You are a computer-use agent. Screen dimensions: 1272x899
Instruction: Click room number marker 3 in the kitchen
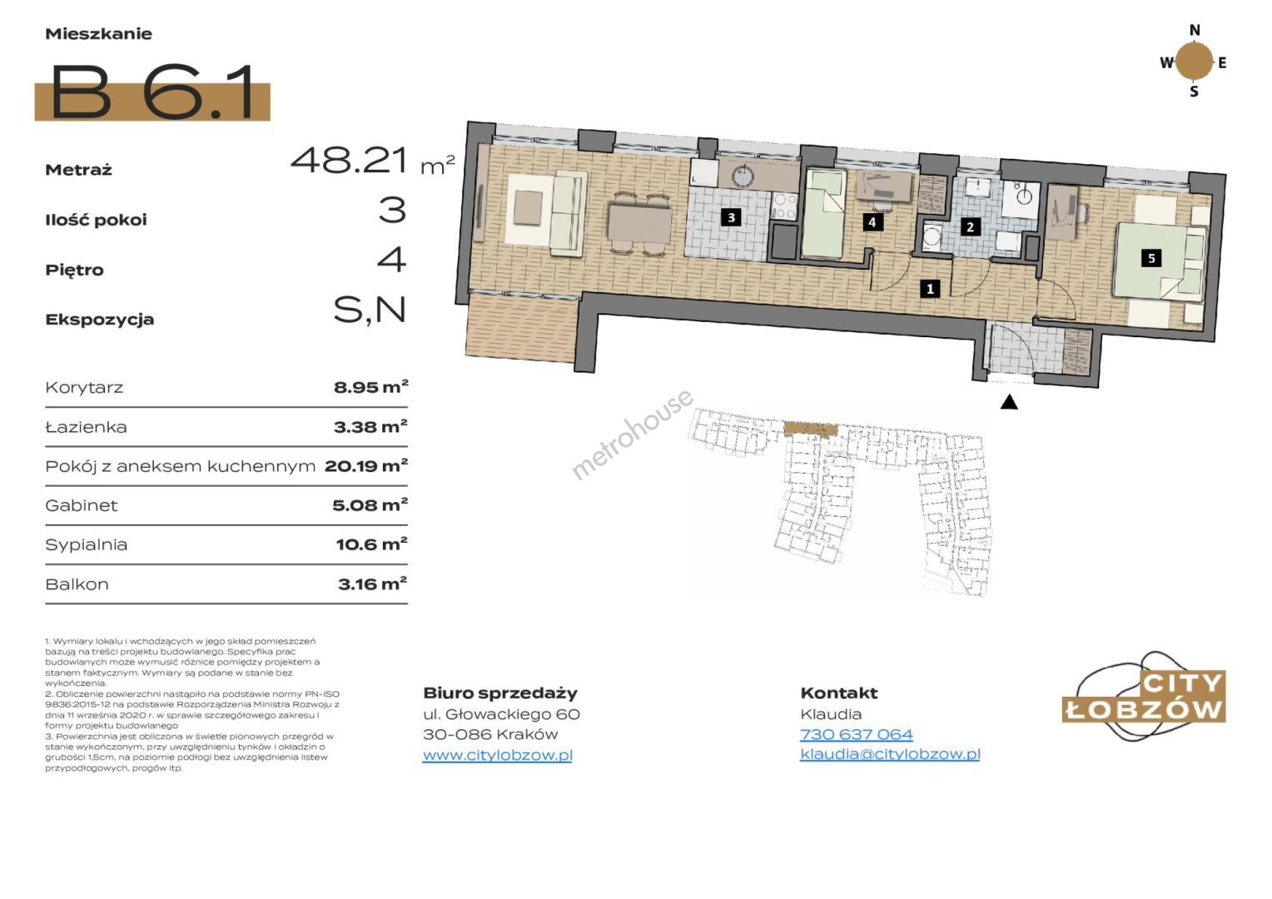732,217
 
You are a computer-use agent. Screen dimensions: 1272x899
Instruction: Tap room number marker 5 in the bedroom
1151,258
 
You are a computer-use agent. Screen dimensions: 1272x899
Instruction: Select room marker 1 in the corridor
930,289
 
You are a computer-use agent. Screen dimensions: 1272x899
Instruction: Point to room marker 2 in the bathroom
970,227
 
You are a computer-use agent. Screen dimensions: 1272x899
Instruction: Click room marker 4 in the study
872,222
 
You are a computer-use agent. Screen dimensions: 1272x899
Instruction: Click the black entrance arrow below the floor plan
1008,402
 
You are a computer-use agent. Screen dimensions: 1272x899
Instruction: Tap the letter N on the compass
1195,31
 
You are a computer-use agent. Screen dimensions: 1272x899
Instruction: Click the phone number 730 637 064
857,734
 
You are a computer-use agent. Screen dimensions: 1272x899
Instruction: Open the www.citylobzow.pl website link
498,755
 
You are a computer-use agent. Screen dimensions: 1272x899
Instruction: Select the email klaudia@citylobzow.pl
890,754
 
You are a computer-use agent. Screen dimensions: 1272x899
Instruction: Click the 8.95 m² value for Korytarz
370,387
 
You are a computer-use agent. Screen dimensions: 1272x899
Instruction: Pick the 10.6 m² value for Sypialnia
372,544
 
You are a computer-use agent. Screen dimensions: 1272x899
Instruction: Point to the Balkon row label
77,584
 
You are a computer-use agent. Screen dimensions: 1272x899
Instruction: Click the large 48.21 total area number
350,160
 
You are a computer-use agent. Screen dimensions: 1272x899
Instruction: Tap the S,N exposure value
370,310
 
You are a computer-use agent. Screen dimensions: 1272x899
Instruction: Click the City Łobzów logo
1145,697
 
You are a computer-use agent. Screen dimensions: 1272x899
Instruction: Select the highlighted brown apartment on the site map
811,429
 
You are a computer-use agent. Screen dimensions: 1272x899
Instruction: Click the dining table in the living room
640,223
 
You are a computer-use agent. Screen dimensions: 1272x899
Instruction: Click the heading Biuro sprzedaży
500,693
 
